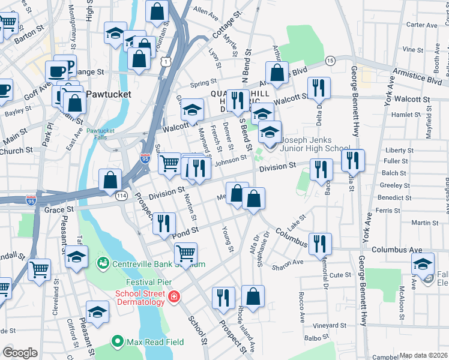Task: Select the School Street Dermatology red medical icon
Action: (x=174, y=296)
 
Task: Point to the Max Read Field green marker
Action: (x=118, y=343)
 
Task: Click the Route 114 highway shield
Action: (x=121, y=196)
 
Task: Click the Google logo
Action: (x=20, y=353)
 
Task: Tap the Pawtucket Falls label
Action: (x=100, y=134)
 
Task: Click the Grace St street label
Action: (x=59, y=209)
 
